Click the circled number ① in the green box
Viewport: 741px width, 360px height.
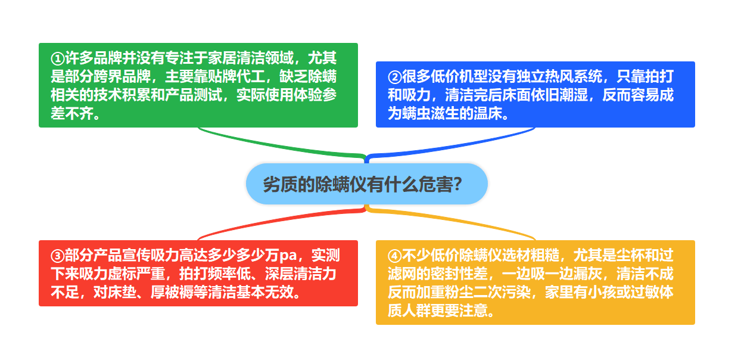pos(58,59)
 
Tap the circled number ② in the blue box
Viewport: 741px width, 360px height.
pos(395,77)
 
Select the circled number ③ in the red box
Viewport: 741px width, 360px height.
pos(58,256)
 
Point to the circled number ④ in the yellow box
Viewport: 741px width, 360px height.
pos(395,256)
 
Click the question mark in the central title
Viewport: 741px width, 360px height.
pos(458,184)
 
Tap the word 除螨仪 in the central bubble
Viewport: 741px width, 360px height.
pos(340,184)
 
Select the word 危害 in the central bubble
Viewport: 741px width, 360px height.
pos(435,184)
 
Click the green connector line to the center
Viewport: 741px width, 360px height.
pos(281,145)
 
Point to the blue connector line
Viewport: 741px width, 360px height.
pos(450,145)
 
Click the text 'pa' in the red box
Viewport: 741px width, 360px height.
pos(288,256)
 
